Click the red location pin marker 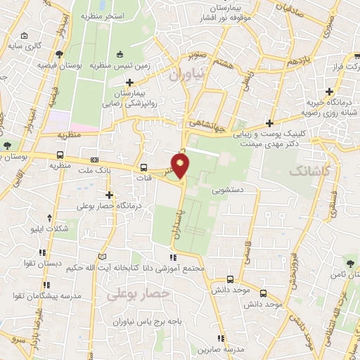tap(181, 166)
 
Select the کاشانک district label tap(309, 171)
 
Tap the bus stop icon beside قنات tap(143, 167)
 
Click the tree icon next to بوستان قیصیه tap(58, 54)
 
